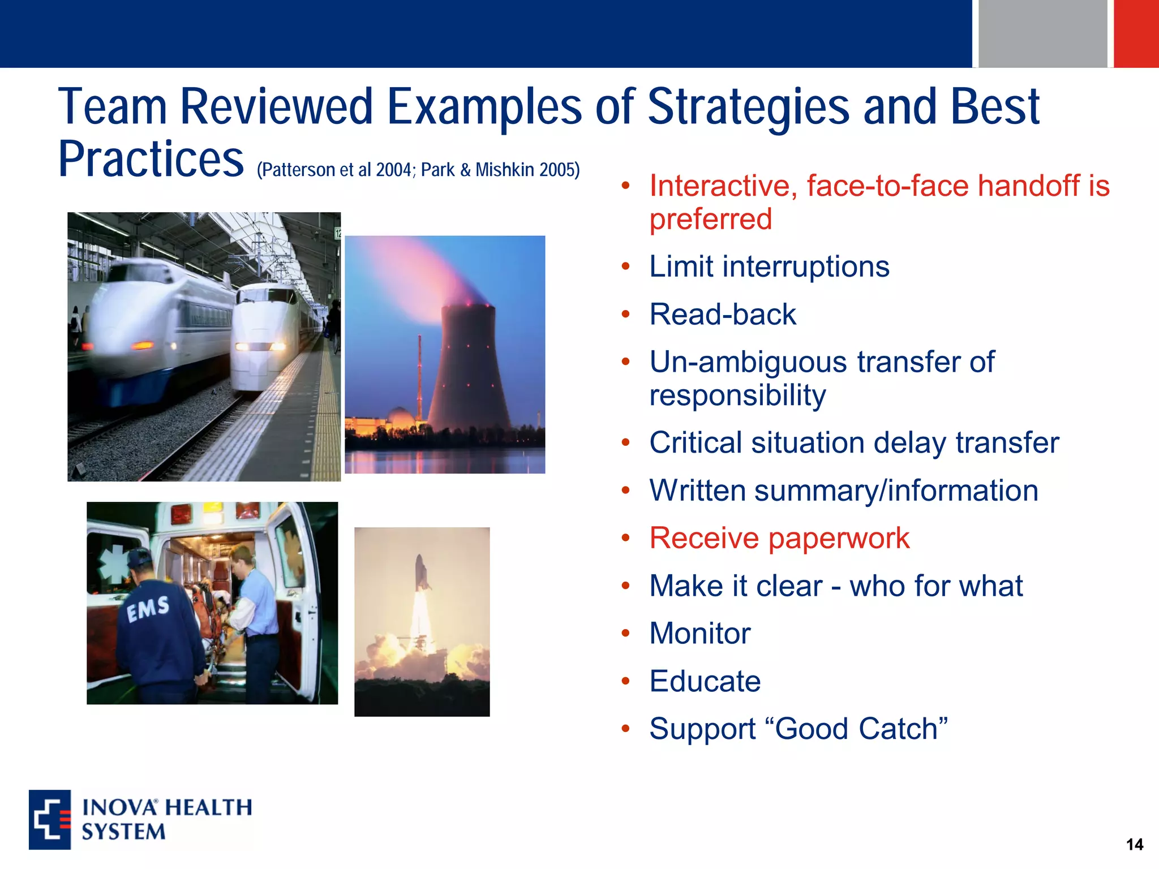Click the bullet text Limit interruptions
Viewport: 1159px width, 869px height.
pos(769,266)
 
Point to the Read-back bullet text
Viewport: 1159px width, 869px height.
pos(723,315)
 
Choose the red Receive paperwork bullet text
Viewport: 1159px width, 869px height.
pos(779,538)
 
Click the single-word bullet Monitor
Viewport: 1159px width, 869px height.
pos(699,633)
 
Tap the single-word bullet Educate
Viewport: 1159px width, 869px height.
pos(705,681)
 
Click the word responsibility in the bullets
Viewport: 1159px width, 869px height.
pos(737,395)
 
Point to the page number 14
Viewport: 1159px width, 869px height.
pos(1134,845)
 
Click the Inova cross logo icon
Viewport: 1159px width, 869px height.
pos(50,820)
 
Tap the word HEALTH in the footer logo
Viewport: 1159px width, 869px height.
pos(209,807)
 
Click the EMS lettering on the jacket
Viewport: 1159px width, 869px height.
pos(148,609)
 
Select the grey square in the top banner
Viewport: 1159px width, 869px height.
pos(1042,33)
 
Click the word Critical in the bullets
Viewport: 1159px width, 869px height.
pos(696,443)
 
